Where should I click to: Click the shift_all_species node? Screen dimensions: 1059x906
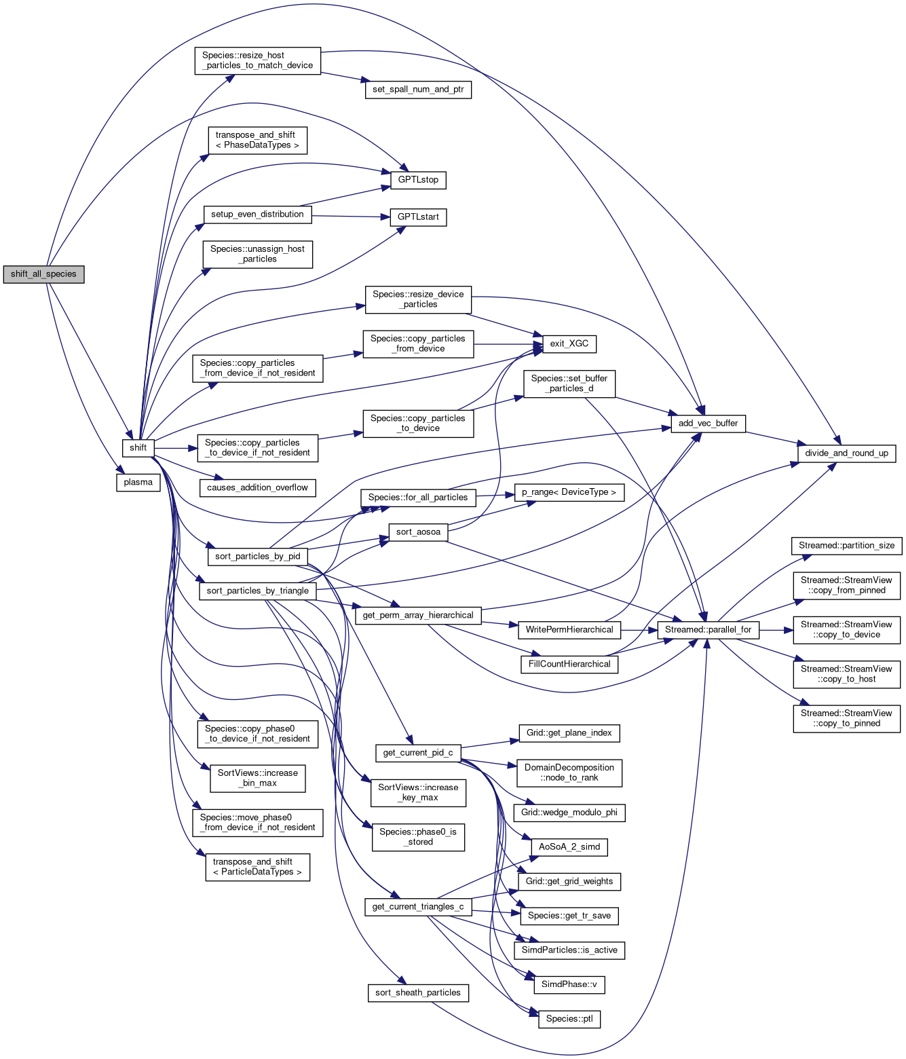coord(43,274)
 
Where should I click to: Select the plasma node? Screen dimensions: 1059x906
coord(138,483)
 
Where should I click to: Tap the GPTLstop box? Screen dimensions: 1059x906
coord(418,180)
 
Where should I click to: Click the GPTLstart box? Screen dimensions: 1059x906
coord(418,217)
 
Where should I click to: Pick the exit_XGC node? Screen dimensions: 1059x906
coord(569,343)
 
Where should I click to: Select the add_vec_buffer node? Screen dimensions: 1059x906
coord(708,424)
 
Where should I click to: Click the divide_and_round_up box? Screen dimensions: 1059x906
coord(846,453)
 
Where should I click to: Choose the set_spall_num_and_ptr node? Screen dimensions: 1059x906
coord(418,90)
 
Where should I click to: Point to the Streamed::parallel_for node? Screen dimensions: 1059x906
coord(708,630)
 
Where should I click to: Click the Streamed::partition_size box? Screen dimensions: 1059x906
coord(846,546)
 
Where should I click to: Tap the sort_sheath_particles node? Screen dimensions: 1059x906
coord(418,993)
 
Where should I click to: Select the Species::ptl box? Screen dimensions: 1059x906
coord(569,1019)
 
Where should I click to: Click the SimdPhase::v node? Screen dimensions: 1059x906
coord(569,984)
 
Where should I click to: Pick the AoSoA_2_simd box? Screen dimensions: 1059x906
coord(569,847)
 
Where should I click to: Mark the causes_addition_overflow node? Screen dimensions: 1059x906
coord(257,488)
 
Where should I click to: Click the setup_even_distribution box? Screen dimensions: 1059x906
coord(257,215)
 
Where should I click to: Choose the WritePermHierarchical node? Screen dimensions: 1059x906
coord(569,630)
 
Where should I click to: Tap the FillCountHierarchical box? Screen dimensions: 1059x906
coord(569,665)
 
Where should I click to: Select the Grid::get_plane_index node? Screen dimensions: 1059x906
coord(569,733)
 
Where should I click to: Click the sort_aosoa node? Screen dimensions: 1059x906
coord(418,532)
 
